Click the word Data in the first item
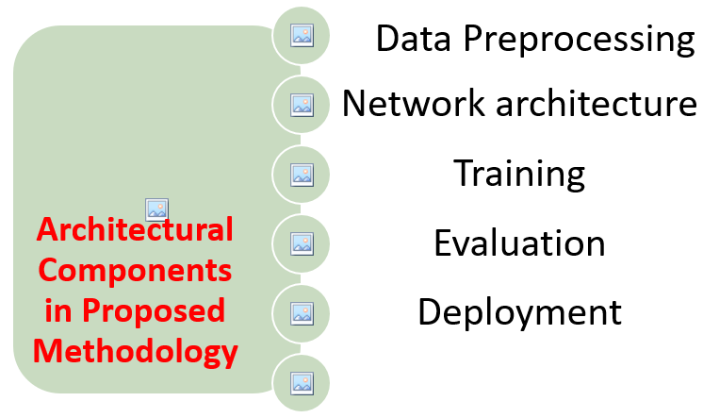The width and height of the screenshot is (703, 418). (x=413, y=39)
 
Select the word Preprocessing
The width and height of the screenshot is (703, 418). (x=580, y=41)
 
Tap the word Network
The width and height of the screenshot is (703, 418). (x=414, y=103)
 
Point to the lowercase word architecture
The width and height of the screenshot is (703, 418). (x=597, y=103)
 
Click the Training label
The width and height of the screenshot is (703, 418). (x=519, y=175)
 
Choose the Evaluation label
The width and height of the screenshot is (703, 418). (x=519, y=242)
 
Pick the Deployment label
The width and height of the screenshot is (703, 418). (x=519, y=313)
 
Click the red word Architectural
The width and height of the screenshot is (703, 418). (x=135, y=229)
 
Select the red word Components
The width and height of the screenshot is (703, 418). (x=135, y=271)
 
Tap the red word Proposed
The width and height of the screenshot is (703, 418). (x=154, y=311)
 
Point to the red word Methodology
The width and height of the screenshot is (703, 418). (x=135, y=352)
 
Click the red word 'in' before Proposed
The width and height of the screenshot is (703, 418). (x=58, y=309)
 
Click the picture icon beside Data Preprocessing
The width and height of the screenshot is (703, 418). (x=302, y=35)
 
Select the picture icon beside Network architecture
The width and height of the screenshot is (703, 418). (x=302, y=105)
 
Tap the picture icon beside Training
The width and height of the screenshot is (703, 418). (x=302, y=175)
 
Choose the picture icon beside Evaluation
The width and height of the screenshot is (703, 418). (x=302, y=243)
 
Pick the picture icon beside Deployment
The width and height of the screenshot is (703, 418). (x=302, y=313)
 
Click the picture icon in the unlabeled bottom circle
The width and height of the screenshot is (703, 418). (x=302, y=383)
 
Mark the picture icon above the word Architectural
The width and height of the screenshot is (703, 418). (x=157, y=209)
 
